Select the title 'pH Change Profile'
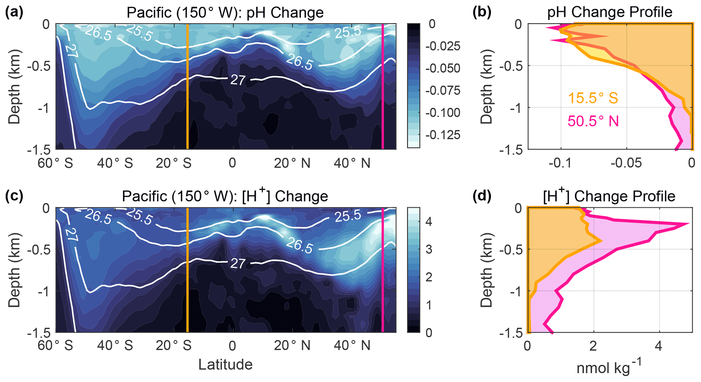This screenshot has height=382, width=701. (x=609, y=12)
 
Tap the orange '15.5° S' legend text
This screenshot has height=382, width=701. (x=593, y=98)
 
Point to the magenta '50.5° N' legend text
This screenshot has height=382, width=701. (x=593, y=121)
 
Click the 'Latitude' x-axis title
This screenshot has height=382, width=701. (x=225, y=365)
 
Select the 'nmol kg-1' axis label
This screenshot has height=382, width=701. (x=609, y=367)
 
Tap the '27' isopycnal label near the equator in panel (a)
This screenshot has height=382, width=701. (x=238, y=80)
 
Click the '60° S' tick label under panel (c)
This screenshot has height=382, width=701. (x=55, y=346)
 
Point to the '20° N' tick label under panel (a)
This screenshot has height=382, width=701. (x=292, y=163)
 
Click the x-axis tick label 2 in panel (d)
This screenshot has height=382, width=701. (x=593, y=346)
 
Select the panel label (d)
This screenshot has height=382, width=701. (x=482, y=196)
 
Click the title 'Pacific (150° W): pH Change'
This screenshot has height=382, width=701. (x=225, y=13)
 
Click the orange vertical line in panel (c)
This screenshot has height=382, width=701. (x=188, y=271)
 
